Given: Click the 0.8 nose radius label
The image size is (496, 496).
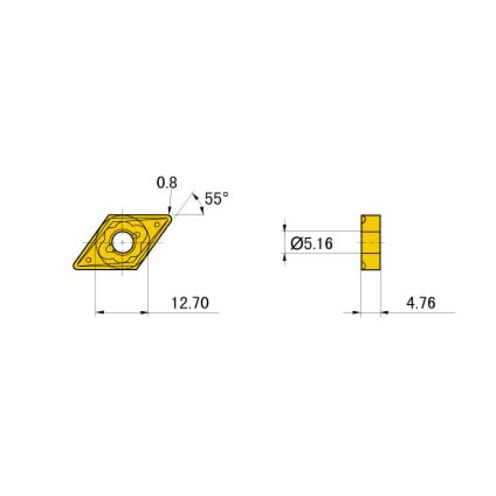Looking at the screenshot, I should [x=166, y=183].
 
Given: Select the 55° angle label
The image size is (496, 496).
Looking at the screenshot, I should [x=216, y=199].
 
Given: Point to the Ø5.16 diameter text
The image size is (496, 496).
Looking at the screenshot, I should [x=312, y=243].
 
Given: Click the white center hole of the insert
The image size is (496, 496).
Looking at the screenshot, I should [x=122, y=243].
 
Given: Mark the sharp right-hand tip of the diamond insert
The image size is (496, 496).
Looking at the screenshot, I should [x=172, y=217].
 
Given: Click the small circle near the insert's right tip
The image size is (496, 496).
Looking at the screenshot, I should [x=157, y=224].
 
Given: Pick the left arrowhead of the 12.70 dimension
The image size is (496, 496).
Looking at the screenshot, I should [x=99, y=313].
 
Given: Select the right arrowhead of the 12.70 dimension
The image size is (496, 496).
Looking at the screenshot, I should [x=144, y=313].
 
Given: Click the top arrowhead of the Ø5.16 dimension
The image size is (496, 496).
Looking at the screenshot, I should [x=285, y=227].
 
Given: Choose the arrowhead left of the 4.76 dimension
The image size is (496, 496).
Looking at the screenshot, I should [x=356, y=313].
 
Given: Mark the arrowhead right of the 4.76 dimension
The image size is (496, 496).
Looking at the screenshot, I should [x=385, y=313].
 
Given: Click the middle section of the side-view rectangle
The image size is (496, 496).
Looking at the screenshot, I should [x=371, y=243].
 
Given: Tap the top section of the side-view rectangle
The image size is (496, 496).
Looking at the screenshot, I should [x=371, y=221].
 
